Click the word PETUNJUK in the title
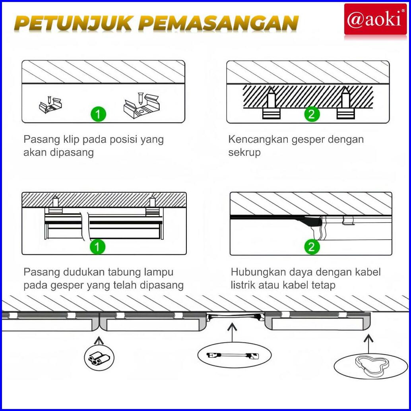[x=74, y=23]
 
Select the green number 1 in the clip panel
[x=98, y=114]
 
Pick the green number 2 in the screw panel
[x=312, y=114]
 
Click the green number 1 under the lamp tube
[x=97, y=247]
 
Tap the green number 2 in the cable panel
[x=312, y=247]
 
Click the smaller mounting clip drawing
[x=50, y=105]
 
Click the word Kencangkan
[x=258, y=139]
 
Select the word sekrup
[x=244, y=152]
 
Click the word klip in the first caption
[x=71, y=139]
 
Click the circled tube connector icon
[x=99, y=357]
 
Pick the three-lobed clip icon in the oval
[x=369, y=364]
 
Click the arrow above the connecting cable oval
[x=232, y=333]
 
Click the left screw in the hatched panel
[x=271, y=103]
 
